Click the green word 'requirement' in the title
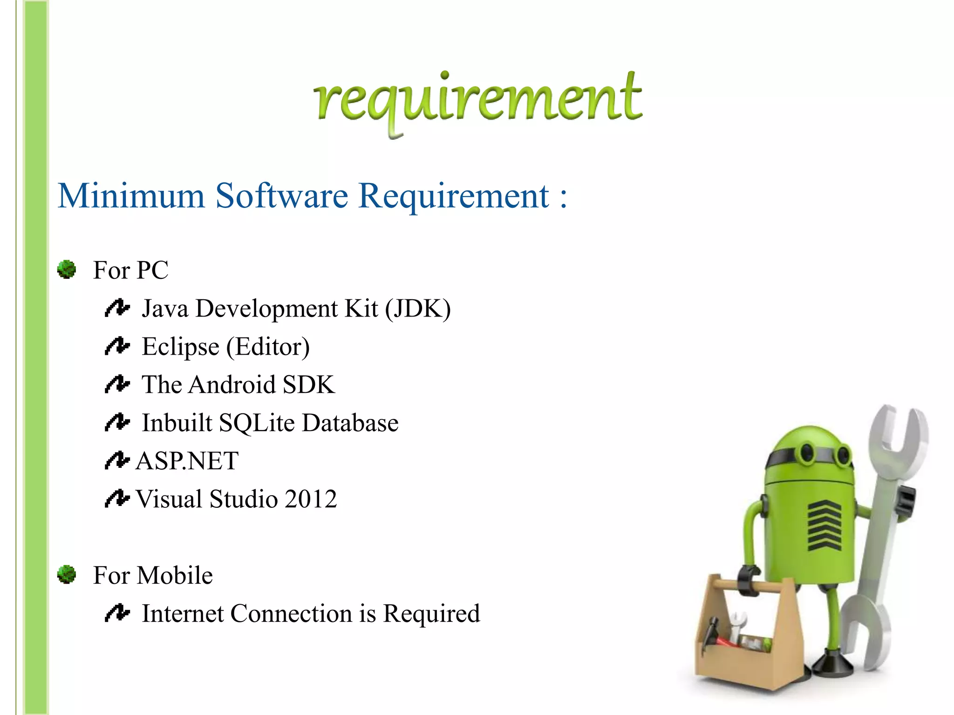[x=478, y=100]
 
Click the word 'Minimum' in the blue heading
[x=131, y=196]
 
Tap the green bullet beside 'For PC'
[x=67, y=270]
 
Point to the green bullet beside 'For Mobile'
[x=67, y=574]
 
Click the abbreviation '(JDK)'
[x=418, y=309]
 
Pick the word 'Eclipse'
[x=180, y=347]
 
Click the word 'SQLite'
[x=257, y=423]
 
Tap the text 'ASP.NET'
[x=187, y=461]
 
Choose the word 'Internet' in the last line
[x=183, y=614]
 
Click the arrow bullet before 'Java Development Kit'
[x=116, y=308]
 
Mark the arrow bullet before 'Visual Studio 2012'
[x=116, y=499]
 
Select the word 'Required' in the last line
[x=431, y=614]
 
